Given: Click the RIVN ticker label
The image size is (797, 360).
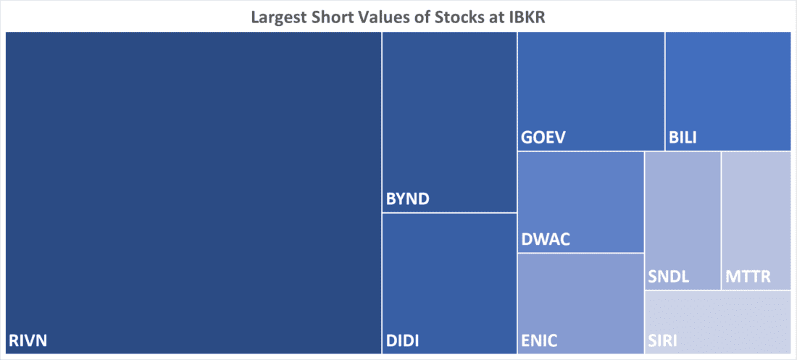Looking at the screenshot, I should [28, 340].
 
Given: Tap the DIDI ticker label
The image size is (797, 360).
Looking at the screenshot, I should [402, 340].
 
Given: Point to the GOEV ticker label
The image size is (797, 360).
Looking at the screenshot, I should [543, 137].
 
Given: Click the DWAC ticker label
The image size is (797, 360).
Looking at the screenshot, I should [546, 239].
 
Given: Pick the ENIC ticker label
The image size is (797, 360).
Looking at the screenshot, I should [540, 340].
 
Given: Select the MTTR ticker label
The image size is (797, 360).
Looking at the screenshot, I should [747, 277].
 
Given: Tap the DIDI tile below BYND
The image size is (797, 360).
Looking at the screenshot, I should [449, 275].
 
